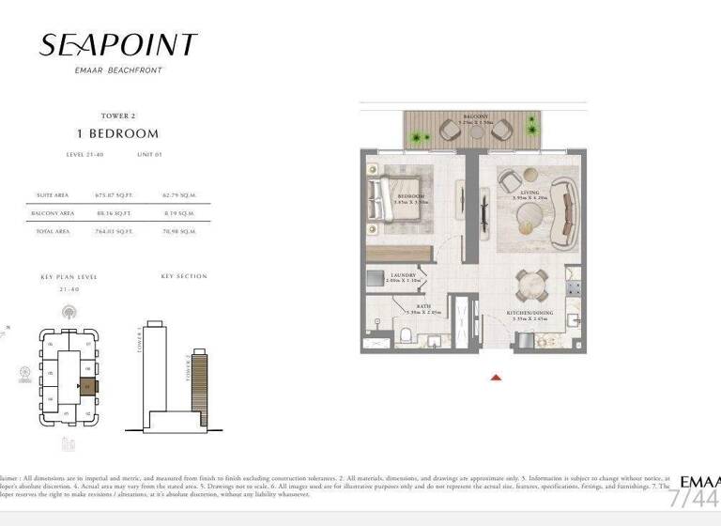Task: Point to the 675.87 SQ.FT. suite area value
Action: point(111,195)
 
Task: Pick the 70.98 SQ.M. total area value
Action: point(178,230)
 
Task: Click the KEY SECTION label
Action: point(184,276)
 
